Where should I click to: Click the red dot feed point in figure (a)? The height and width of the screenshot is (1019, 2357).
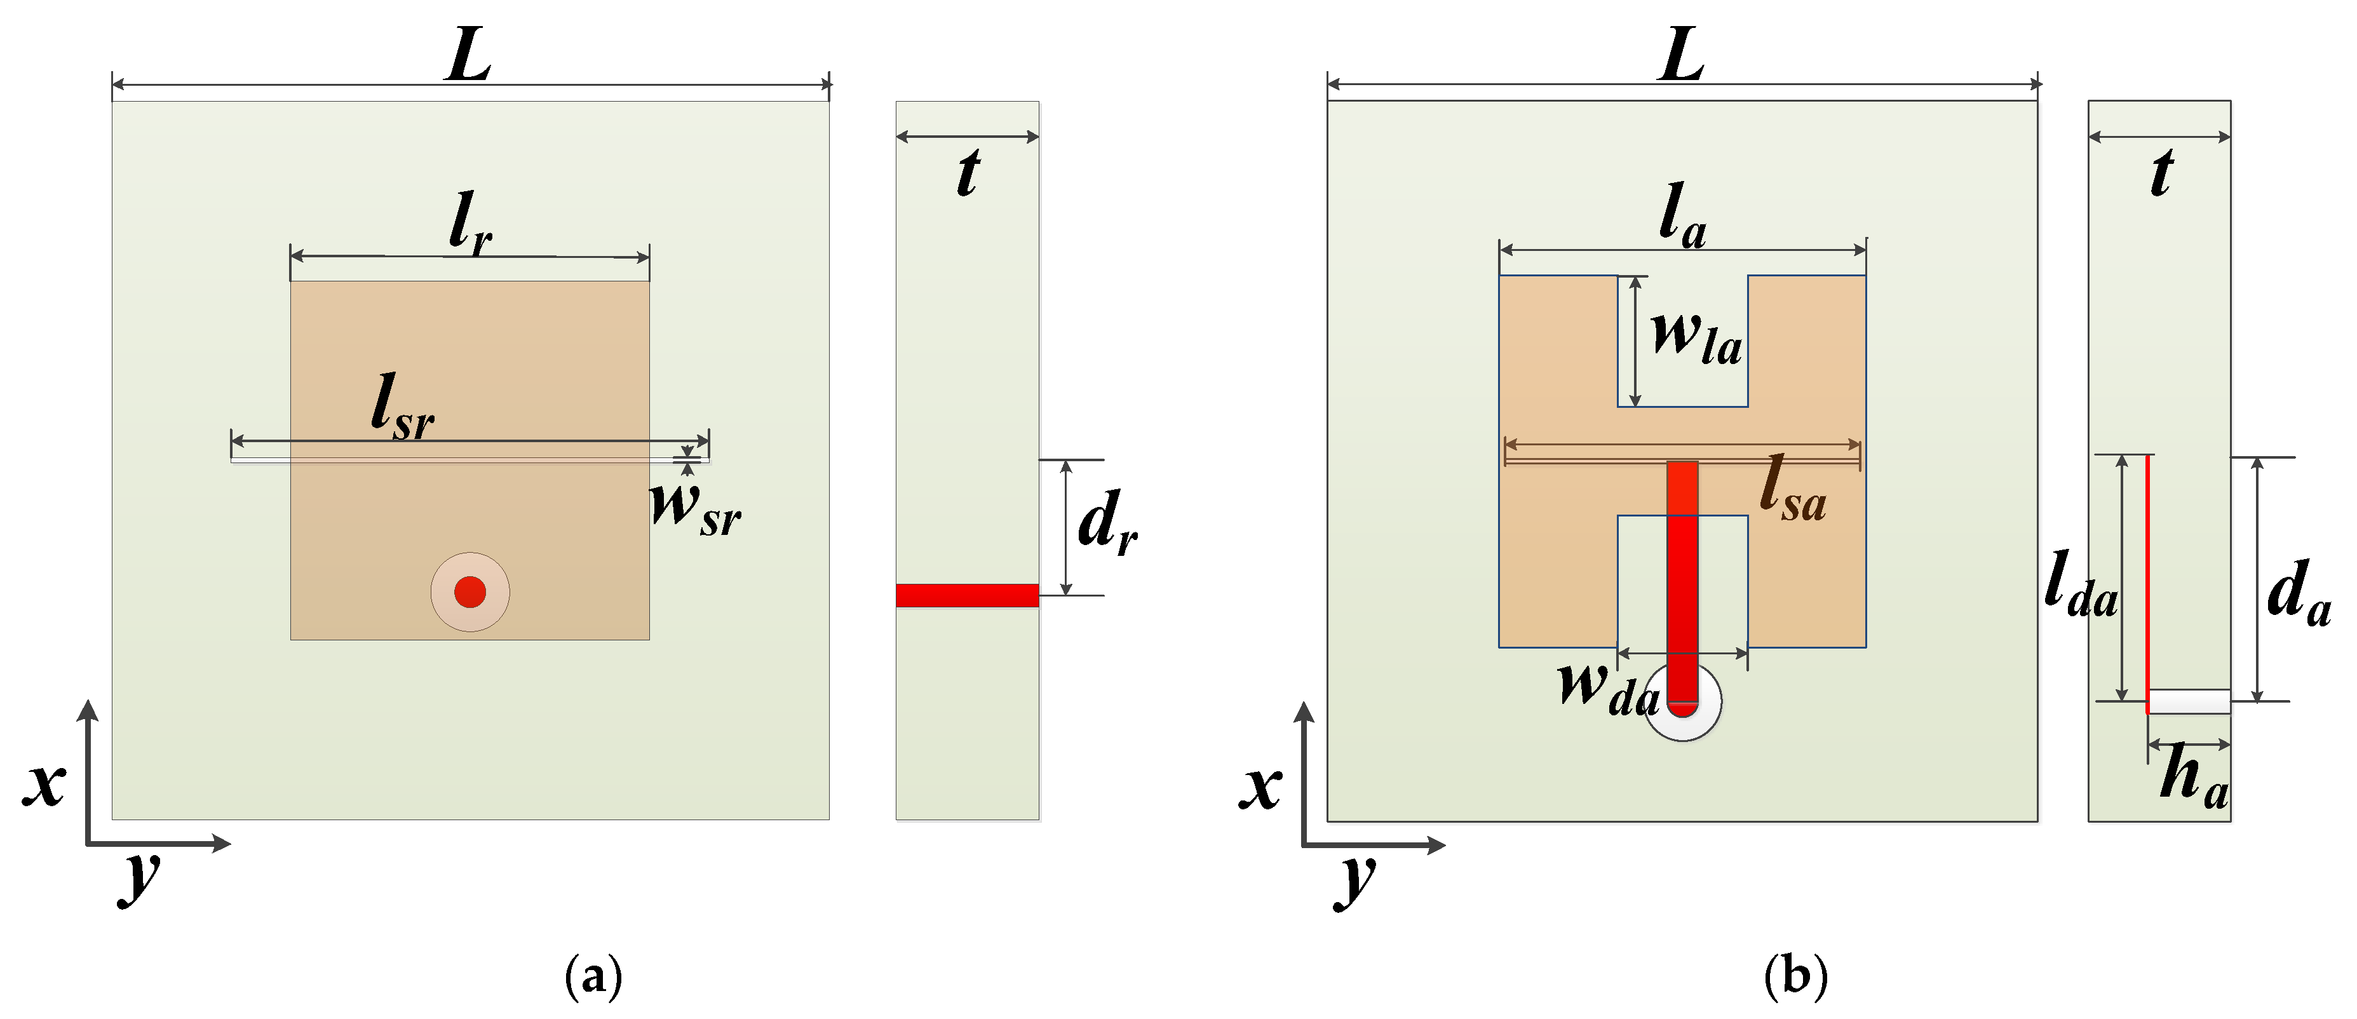[x=469, y=592]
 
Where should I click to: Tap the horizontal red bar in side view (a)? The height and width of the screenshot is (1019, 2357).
[x=967, y=595]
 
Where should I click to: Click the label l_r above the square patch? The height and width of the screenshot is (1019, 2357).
[x=470, y=222]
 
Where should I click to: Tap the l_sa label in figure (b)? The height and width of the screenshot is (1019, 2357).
[x=1792, y=491]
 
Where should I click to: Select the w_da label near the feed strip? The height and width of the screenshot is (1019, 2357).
[x=1609, y=688]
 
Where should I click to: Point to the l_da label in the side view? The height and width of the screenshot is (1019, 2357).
[x=2080, y=586]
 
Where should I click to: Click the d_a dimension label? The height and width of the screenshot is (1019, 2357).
[x=2297, y=593]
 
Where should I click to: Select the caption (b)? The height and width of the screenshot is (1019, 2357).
[x=1794, y=976]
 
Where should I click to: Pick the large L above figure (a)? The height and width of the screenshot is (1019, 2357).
[x=468, y=57]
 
